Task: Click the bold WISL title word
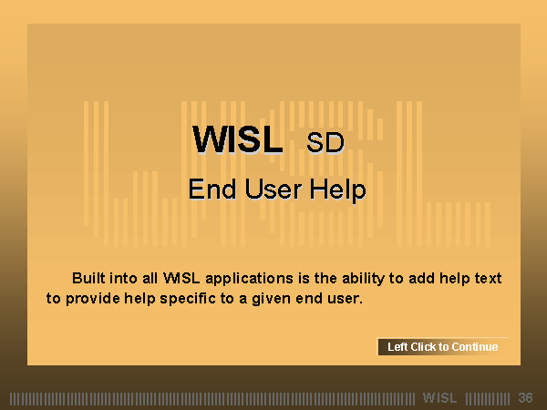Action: [238, 139]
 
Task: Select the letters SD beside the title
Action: [325, 143]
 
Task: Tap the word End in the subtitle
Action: [212, 190]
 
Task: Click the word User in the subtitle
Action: [273, 190]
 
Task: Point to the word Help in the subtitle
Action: [338, 190]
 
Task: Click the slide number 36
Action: [525, 398]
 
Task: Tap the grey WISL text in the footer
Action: [440, 398]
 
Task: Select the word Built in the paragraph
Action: [88, 278]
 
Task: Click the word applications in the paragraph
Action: [249, 279]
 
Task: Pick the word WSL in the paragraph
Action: [181, 278]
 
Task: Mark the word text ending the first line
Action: [489, 278]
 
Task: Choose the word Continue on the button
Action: [475, 347]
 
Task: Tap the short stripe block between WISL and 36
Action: [488, 398]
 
